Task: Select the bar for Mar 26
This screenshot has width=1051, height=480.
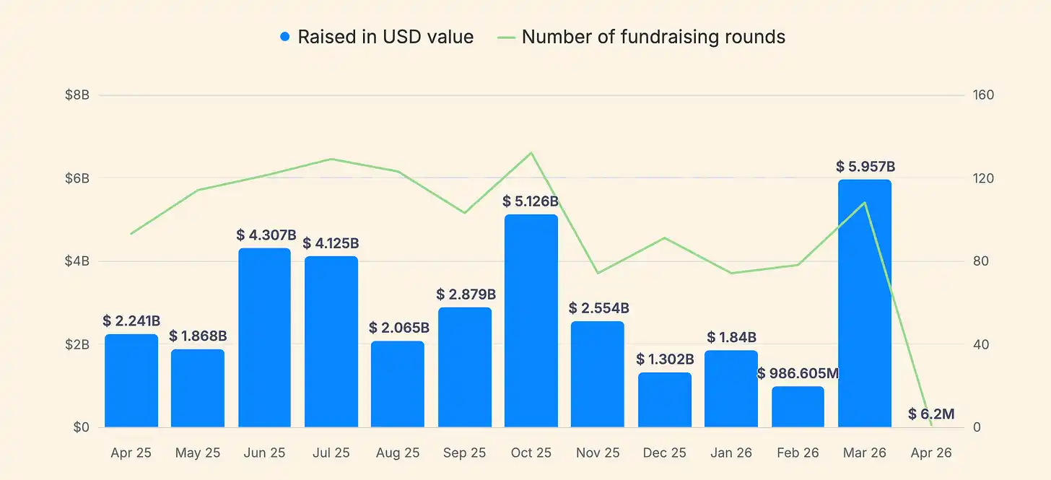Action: coord(865,303)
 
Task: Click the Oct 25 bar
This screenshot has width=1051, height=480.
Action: coord(531,320)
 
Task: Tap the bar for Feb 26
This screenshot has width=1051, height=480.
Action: coord(798,406)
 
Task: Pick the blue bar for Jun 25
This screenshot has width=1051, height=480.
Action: coord(264,338)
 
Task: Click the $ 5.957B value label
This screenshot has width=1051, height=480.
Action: coord(865,167)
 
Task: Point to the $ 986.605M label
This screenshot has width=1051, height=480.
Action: coord(798,373)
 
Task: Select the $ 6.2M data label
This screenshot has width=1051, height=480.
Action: coord(931,414)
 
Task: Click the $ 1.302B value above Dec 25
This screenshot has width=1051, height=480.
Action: coord(665,359)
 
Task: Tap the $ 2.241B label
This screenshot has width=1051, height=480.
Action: coord(131,320)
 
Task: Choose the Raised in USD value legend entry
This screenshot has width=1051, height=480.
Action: coord(385,37)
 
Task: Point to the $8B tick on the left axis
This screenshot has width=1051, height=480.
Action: coord(77,95)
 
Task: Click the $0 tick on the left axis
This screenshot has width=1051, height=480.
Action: coord(80,427)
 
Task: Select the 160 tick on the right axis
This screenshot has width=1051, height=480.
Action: coord(984,95)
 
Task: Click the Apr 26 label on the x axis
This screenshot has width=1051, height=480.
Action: coord(931,453)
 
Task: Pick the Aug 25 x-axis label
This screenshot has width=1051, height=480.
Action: coord(398,453)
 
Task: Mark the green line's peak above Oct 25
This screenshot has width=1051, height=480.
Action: coord(531,152)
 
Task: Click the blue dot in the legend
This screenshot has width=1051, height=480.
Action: coord(285,37)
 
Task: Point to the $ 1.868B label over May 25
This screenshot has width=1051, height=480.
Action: coord(198,336)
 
